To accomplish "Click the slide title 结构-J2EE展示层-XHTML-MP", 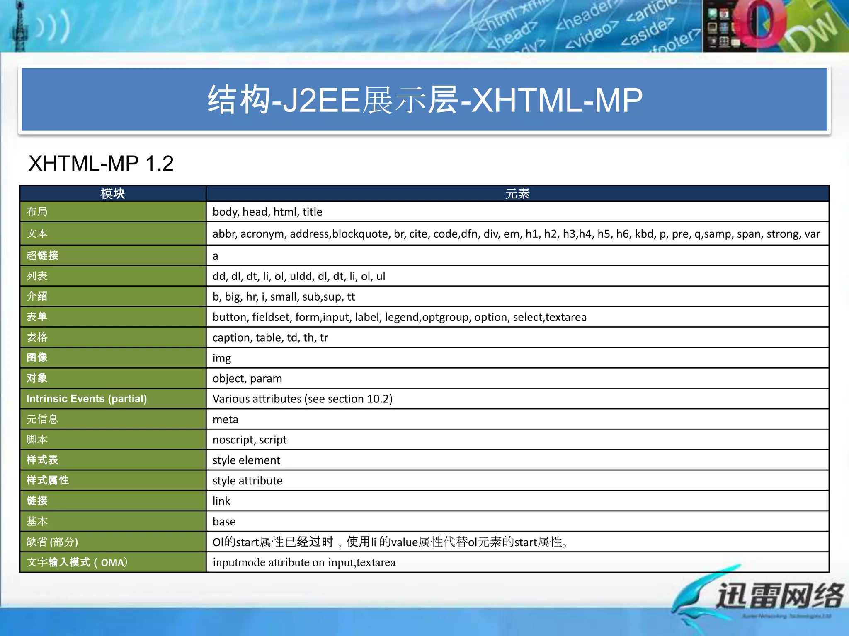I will (x=424, y=100).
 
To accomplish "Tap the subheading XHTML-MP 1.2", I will (x=101, y=163).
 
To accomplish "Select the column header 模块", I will (x=113, y=193).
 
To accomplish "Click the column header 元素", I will (x=517, y=193).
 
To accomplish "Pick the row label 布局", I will (x=37, y=212).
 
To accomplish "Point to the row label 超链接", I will (x=42, y=255).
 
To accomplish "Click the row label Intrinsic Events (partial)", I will (x=86, y=399).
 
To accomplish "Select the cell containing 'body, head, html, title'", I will (x=267, y=212).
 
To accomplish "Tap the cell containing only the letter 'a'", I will (x=215, y=256).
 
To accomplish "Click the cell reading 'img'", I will (x=222, y=358).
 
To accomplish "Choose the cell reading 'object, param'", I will (x=247, y=378).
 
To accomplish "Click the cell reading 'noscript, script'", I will (x=250, y=440).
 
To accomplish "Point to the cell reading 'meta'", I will (x=226, y=419).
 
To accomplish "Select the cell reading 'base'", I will (x=224, y=522).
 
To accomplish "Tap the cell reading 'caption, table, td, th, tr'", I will (x=270, y=338).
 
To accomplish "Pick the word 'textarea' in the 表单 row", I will (x=566, y=317).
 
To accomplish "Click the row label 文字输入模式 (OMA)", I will (x=77, y=562).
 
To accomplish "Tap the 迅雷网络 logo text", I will (x=779, y=595).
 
